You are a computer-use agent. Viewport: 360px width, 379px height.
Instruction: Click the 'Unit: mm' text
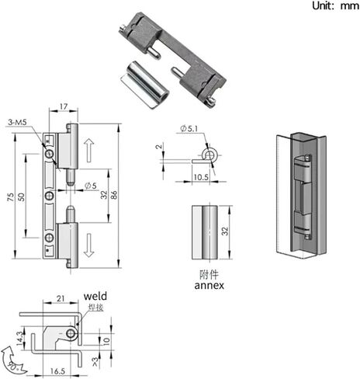pyautogui.click(x=335, y=5)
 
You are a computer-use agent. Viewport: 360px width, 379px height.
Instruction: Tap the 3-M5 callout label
pyautogui.click(x=17, y=122)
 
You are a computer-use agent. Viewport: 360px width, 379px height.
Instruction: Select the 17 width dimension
pyautogui.click(x=64, y=106)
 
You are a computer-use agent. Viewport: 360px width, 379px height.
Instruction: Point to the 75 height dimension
pyautogui.click(x=11, y=197)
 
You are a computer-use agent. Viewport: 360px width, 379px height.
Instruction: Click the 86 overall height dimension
pyautogui.click(x=114, y=195)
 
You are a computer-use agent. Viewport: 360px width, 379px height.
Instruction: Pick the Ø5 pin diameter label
pyautogui.click(x=91, y=186)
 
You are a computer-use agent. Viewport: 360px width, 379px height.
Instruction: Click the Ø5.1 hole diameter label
pyautogui.click(x=189, y=128)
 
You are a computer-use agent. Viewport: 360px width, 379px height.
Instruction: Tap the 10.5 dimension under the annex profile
pyautogui.click(x=201, y=177)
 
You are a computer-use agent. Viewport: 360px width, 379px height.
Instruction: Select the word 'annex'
pyautogui.click(x=209, y=285)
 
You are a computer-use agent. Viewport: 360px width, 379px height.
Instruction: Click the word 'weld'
pyautogui.click(x=95, y=296)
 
